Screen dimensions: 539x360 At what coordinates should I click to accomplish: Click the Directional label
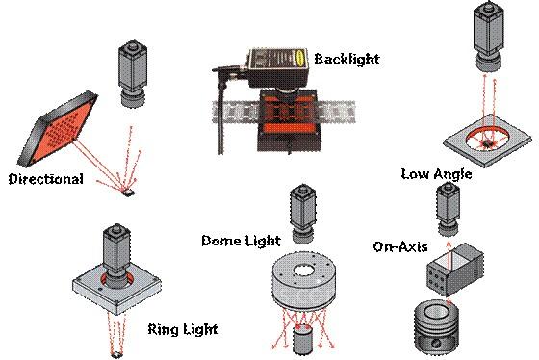46,179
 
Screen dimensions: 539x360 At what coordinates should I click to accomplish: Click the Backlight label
346,59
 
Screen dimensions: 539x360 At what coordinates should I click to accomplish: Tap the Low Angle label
436,174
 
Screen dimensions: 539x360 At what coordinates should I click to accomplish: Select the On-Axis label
400,246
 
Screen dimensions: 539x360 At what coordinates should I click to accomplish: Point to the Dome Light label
241,241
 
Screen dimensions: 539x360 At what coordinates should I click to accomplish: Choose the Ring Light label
183,329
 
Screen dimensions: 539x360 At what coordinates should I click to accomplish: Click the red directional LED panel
59,128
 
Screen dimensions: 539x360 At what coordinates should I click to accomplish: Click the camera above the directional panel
133,74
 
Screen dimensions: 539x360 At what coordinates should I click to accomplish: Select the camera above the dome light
303,214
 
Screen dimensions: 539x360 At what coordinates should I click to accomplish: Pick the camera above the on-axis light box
448,210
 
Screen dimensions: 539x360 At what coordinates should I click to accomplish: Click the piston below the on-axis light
437,326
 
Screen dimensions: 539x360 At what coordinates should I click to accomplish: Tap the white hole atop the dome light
304,270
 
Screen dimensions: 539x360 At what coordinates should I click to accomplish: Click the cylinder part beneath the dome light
303,340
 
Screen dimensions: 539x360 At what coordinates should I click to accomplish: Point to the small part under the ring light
116,355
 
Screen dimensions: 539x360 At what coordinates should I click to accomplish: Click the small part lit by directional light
129,193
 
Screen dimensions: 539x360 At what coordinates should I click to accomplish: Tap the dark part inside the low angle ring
487,142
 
